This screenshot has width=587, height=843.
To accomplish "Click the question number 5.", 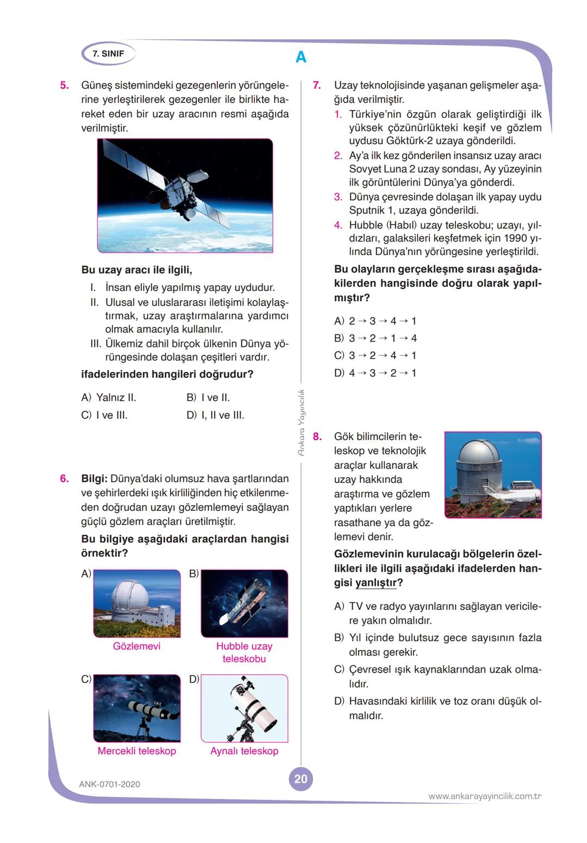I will pos(64,85).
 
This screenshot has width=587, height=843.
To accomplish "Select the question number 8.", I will pos(317,436).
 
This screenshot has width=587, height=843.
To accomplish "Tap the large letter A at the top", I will pos(301,57).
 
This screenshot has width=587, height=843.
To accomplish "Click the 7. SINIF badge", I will pos(108,54).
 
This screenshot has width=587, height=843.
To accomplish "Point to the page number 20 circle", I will pos(301,779).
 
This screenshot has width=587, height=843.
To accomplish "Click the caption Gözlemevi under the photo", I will pos(136,646).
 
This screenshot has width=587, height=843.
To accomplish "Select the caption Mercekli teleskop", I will pos(136,751).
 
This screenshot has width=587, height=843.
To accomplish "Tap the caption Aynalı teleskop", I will pos(244,751).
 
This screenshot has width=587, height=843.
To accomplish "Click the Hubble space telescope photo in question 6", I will pos(245,603).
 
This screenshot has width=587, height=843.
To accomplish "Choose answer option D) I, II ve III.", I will pos(215,415).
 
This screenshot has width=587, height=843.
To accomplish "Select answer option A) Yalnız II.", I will pos(109,398).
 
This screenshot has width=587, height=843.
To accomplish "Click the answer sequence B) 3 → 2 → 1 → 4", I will pos(376,338).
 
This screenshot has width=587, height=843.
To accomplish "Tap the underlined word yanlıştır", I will pos(376,583).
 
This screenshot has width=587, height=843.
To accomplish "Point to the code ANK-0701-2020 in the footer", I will pos(109,784).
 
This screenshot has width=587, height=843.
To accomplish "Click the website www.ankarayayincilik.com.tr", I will pos(485,796).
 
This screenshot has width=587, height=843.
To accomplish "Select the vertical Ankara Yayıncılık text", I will pos(302,422).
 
